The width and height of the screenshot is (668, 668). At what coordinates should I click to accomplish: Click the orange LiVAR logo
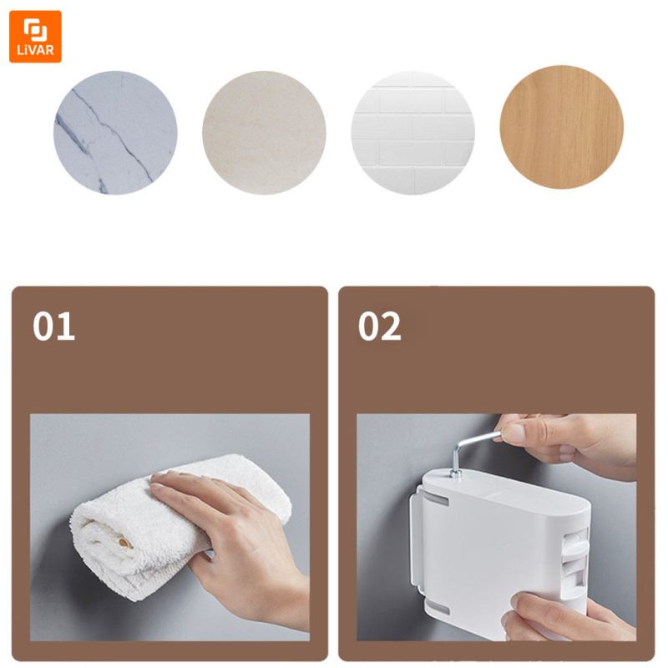pos(35,37)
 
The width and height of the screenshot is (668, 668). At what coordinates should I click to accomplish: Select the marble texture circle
pos(115,133)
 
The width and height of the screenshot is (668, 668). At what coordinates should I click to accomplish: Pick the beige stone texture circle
pos(264,133)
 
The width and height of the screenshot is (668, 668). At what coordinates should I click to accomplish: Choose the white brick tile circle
pos(412,133)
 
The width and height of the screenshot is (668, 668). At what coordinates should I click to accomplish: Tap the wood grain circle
pos(561,127)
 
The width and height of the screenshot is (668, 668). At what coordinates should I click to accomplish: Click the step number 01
pos(53,326)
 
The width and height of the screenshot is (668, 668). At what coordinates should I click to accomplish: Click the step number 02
pos(380,326)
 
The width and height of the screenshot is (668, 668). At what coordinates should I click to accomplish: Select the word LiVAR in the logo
pos(35,50)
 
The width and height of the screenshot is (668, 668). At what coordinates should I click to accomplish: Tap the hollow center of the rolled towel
pos(124,543)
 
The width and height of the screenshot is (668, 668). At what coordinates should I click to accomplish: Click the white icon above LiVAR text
pos(35,30)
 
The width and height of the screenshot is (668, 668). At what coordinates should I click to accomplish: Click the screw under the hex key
pos(456,473)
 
